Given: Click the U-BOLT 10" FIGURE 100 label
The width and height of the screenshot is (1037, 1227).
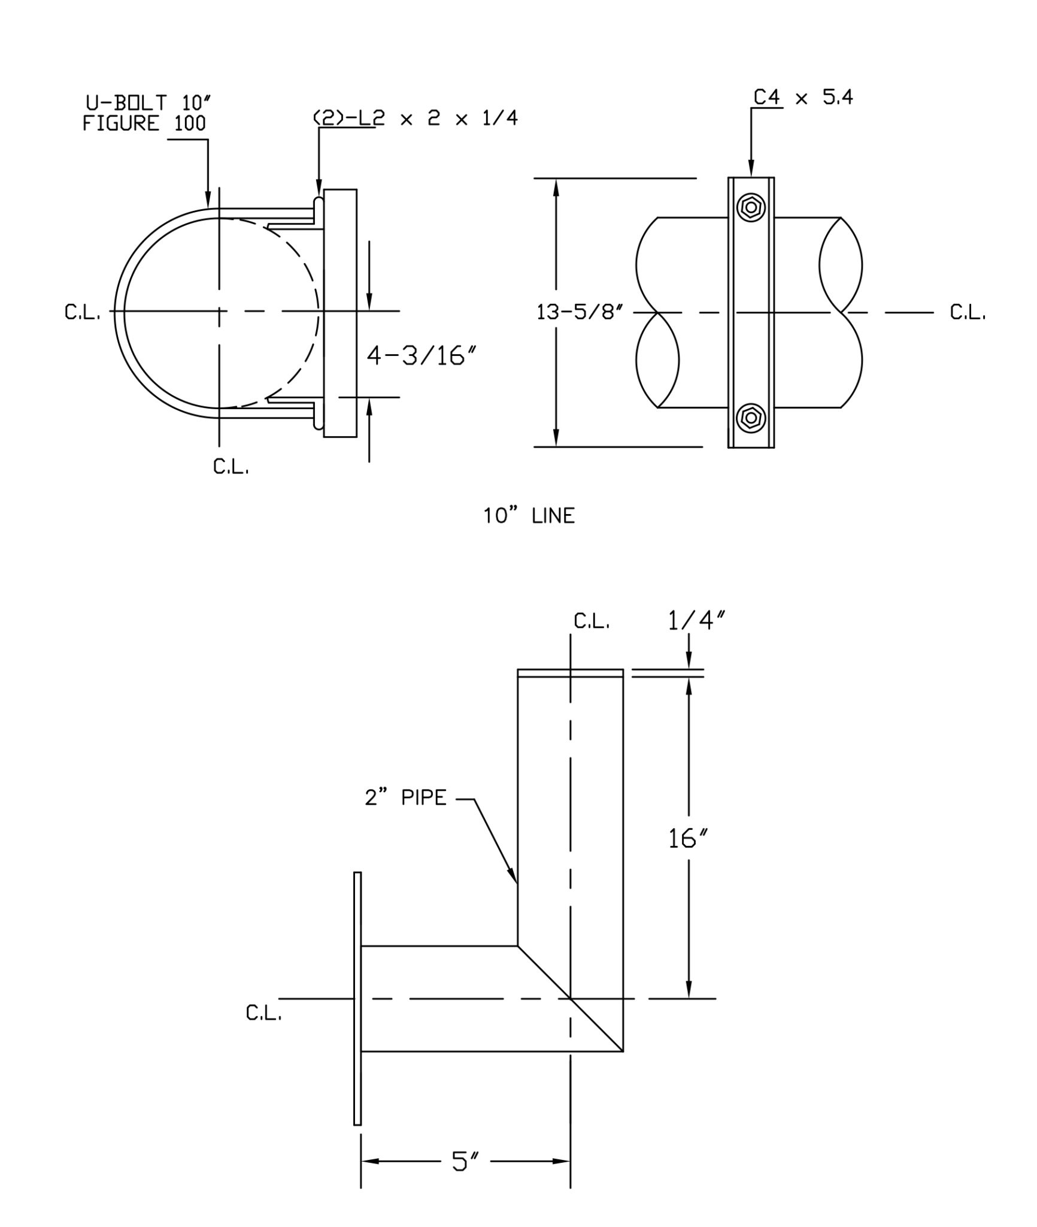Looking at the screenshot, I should pyautogui.click(x=144, y=113).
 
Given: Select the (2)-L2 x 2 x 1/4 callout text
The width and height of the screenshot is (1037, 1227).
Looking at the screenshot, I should pyautogui.click(x=416, y=118).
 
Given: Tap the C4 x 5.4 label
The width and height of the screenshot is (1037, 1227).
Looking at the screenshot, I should pyautogui.click(x=803, y=97).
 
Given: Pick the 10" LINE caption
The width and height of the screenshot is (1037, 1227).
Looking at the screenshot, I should pyautogui.click(x=529, y=516).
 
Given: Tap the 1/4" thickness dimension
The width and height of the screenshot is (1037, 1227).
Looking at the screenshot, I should pyautogui.click(x=696, y=622).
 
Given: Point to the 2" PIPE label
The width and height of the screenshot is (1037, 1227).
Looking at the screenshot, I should pyautogui.click(x=406, y=798).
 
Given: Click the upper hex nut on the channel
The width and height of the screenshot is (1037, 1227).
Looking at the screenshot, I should pyautogui.click(x=751, y=208).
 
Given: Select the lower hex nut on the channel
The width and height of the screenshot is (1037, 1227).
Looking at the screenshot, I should pyautogui.click(x=751, y=417).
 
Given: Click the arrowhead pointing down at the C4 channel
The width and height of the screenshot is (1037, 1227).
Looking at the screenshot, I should pyautogui.click(x=751, y=170).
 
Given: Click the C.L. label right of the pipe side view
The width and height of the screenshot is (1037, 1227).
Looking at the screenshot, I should pyautogui.click(x=968, y=313).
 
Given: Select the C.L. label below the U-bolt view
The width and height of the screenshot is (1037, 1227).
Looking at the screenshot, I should pyautogui.click(x=231, y=467).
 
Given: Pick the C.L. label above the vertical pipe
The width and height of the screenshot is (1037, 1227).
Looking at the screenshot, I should pyautogui.click(x=592, y=621).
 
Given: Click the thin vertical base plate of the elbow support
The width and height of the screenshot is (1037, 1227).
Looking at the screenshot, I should pyautogui.click(x=357, y=998).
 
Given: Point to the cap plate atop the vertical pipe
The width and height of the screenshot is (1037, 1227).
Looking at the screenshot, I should pyautogui.click(x=570, y=673).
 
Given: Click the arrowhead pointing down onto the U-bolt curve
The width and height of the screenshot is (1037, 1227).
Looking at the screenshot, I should pyautogui.click(x=208, y=201).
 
